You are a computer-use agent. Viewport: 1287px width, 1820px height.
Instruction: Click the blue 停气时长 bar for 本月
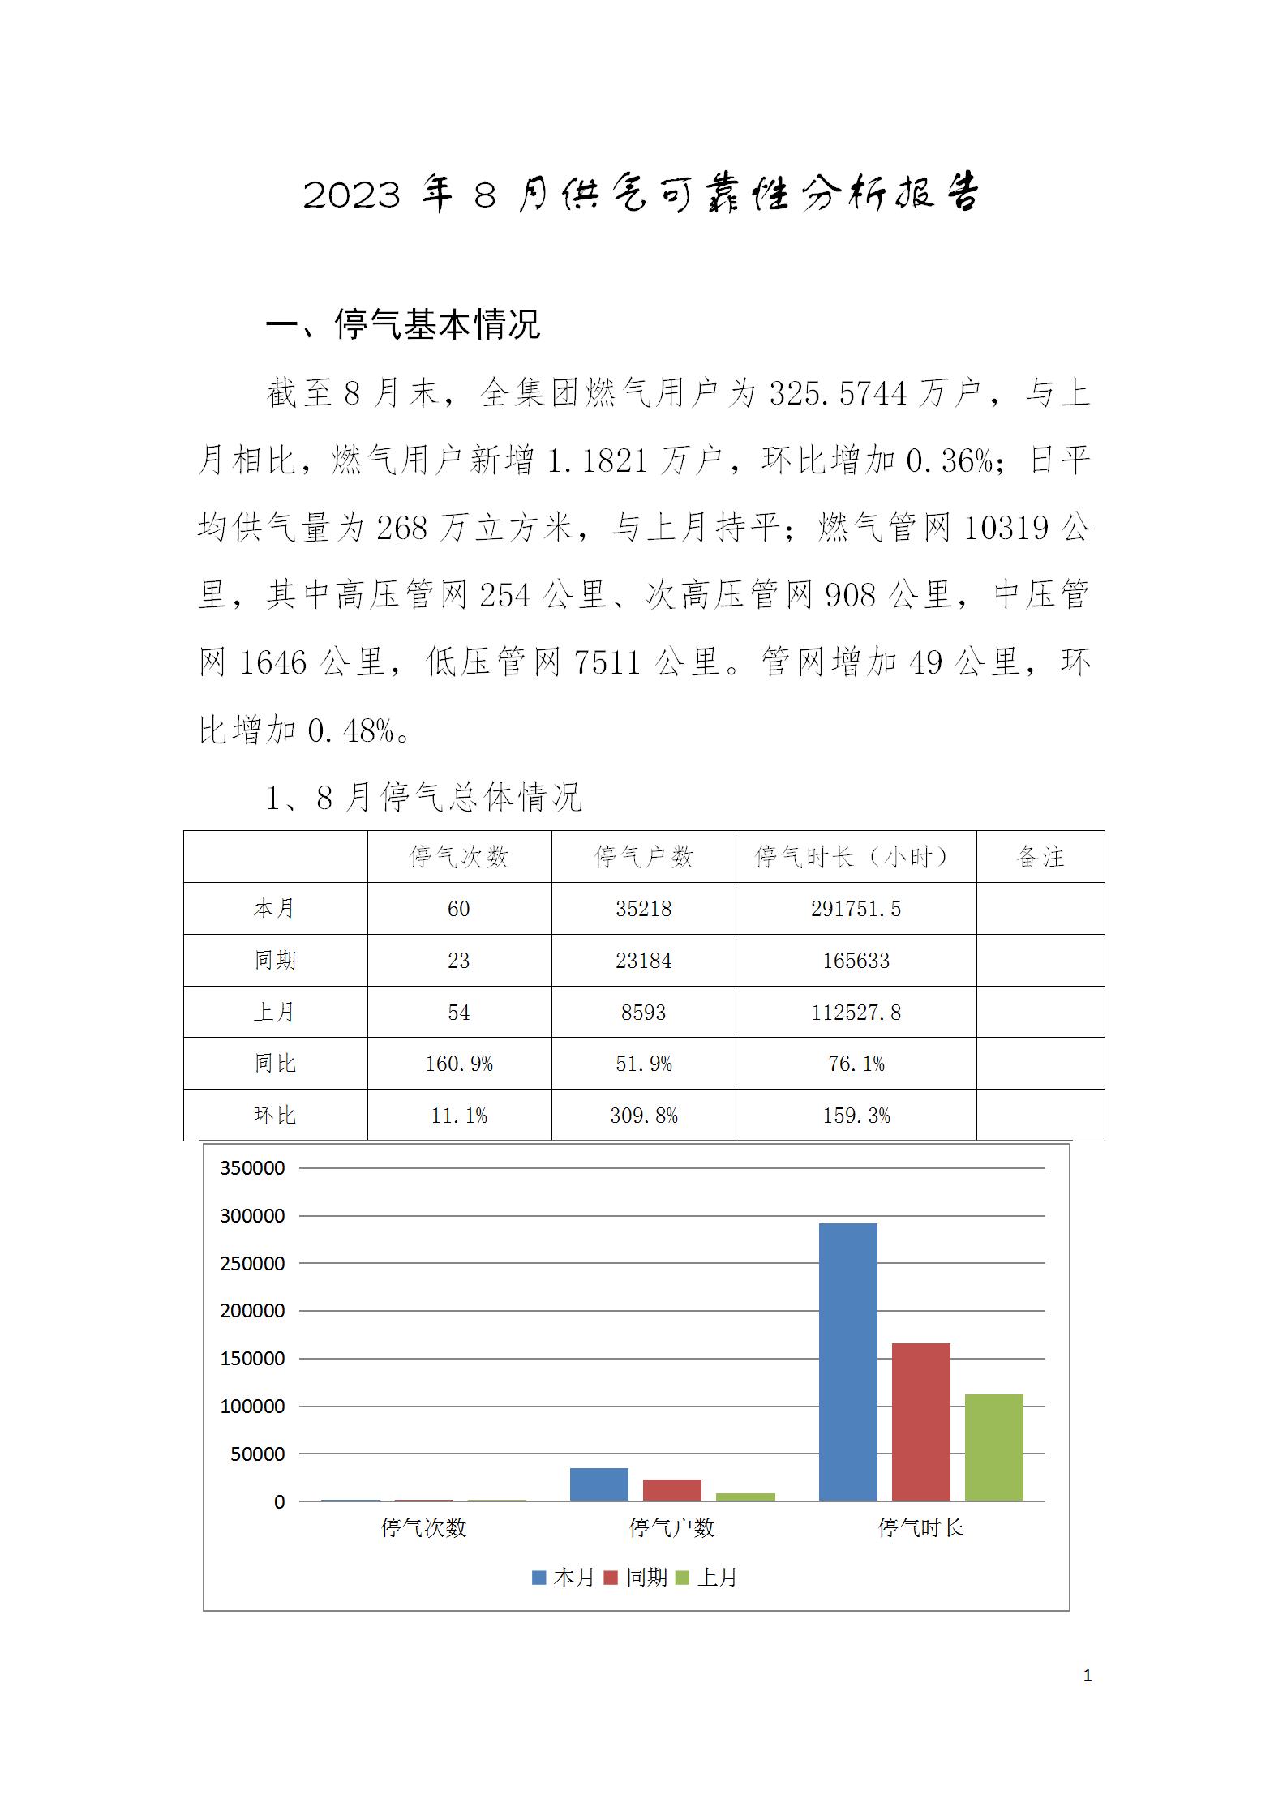click(847, 1361)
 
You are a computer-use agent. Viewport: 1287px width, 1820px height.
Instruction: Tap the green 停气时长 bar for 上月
click(993, 1447)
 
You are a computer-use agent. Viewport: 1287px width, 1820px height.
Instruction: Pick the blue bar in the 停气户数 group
click(598, 1484)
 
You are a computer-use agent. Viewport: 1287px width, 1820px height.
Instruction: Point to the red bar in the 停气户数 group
click(671, 1490)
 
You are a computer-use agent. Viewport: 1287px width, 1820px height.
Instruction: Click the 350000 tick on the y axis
click(252, 1168)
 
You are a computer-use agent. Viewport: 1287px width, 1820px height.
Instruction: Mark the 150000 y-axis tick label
click(252, 1359)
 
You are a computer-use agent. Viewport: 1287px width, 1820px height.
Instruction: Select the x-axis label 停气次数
click(423, 1528)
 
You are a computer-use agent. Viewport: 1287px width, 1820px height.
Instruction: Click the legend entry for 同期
click(637, 1577)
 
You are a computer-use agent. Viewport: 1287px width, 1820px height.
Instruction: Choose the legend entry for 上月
click(708, 1577)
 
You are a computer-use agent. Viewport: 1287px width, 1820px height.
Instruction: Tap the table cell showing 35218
click(643, 909)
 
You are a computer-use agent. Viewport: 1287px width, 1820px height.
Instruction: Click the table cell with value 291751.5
click(856, 909)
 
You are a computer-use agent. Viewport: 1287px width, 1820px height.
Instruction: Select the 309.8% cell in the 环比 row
click(643, 1116)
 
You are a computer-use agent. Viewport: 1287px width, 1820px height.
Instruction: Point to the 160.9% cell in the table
click(459, 1064)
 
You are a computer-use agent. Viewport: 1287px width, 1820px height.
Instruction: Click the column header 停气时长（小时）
click(856, 857)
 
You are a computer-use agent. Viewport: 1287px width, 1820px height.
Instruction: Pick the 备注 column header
click(1040, 857)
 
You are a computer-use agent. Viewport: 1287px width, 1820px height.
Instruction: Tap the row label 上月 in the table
click(275, 1012)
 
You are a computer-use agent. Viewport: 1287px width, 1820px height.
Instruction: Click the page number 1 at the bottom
click(1088, 1676)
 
